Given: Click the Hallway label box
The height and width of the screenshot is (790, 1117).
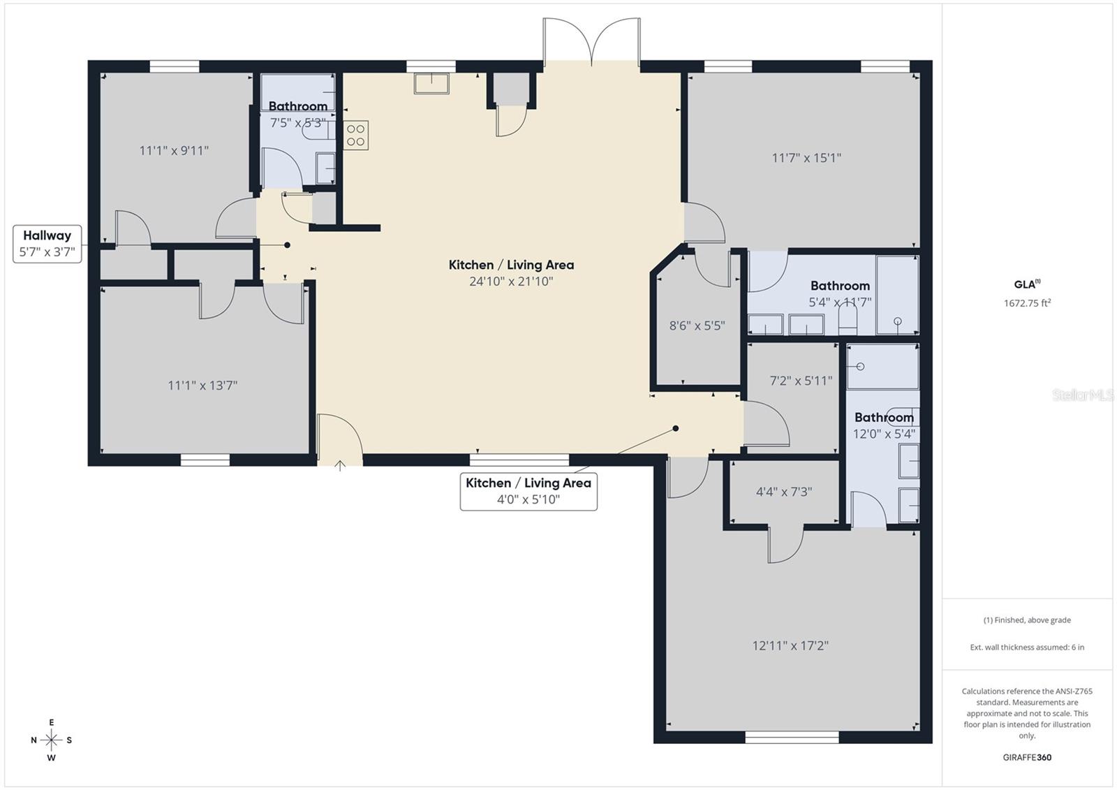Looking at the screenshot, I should (47, 244).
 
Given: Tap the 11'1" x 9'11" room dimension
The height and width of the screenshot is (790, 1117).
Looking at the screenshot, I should (174, 150).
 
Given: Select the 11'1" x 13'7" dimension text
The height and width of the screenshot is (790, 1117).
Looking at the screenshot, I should (202, 385).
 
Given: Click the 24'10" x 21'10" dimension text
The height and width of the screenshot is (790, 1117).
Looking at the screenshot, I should (511, 281).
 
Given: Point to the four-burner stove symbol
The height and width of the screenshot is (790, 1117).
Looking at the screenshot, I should (355, 135).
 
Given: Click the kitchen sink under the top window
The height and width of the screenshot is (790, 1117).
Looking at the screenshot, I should (431, 84).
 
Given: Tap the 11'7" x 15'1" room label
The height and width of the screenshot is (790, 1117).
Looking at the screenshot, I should (806, 158).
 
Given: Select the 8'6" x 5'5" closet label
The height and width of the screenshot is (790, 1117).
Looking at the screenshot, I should (697, 325).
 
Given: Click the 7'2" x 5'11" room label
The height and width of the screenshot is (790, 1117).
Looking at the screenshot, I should (801, 381).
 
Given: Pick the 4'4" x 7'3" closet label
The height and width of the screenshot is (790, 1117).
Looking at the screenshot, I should (784, 492).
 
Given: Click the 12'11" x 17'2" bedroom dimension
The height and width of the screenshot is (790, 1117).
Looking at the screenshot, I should (790, 645).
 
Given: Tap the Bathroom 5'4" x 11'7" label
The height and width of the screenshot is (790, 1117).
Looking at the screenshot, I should (840, 293).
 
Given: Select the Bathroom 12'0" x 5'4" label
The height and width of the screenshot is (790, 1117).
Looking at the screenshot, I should (884, 425).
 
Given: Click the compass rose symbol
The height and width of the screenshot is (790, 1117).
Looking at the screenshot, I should (51, 740).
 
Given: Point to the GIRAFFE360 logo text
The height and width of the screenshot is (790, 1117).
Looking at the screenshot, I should (1027, 757).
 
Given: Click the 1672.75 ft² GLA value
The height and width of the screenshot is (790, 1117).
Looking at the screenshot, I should (1027, 303).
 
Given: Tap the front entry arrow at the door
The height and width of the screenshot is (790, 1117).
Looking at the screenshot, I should (340, 466).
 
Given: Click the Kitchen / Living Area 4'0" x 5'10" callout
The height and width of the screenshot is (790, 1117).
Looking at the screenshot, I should (528, 491).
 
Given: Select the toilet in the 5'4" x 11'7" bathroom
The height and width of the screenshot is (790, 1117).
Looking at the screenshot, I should (847, 321).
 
